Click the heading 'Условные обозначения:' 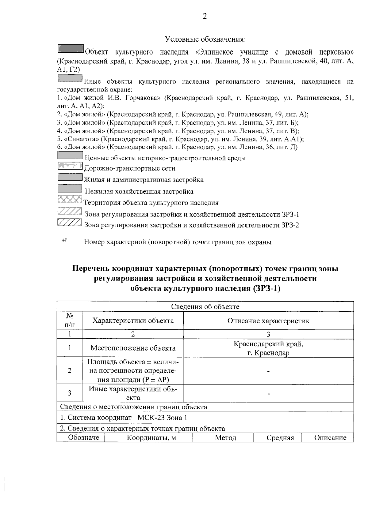[x=205, y=39]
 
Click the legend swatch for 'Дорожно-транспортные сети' [x=70, y=166]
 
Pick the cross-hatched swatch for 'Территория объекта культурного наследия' [x=70, y=200]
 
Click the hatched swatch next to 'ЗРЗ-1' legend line [x=70, y=212]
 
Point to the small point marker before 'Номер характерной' [x=64, y=241]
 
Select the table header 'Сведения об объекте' [x=205, y=307]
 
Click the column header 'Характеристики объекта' [x=133, y=321]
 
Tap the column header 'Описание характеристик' [x=268, y=321]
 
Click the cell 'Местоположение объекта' [x=133, y=348]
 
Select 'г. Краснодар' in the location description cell [x=268, y=353]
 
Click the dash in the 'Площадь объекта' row [x=268, y=371]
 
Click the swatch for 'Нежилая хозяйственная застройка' [x=70, y=189]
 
